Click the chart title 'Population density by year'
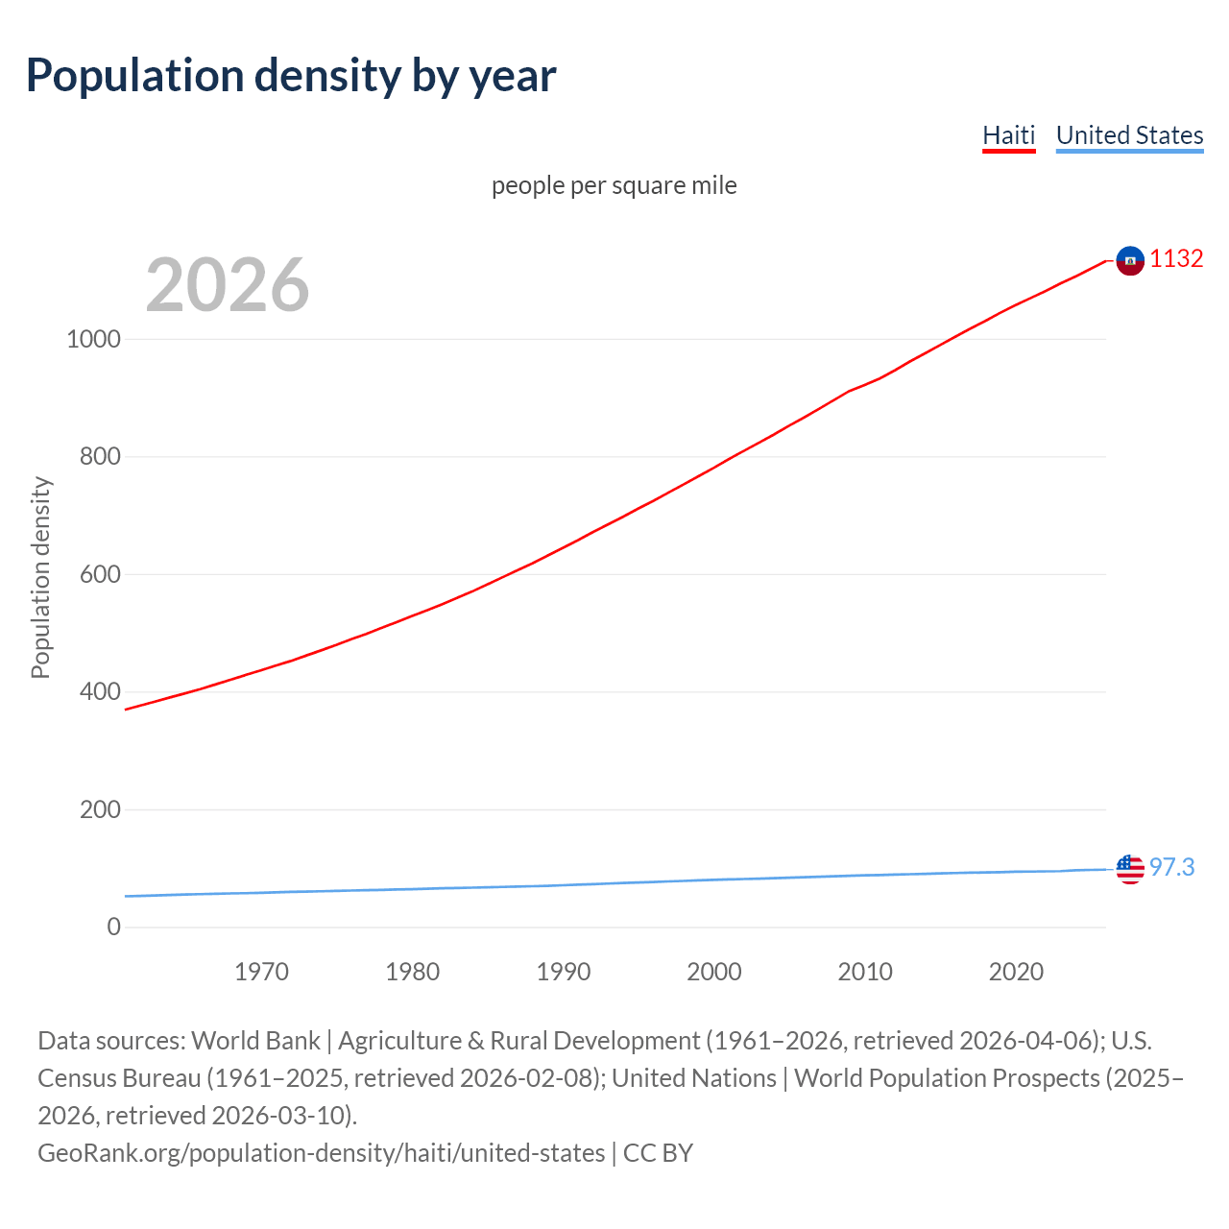point(291,76)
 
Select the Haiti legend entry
point(1008,135)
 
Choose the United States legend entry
point(1129,135)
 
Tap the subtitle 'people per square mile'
point(614,185)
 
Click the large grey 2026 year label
point(228,284)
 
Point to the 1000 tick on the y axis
point(93,339)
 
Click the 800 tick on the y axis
point(100,456)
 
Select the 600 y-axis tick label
point(100,574)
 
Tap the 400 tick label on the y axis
point(100,691)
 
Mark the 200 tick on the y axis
point(100,809)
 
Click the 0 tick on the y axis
point(114,927)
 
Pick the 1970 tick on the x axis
point(261,972)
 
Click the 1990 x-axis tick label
point(564,972)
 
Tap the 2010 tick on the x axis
point(865,972)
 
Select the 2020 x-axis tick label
point(1016,972)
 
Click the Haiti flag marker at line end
point(1130,260)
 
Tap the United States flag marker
point(1130,869)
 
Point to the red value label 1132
point(1176,259)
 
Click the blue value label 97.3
point(1171,868)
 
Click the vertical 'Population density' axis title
point(40,577)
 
